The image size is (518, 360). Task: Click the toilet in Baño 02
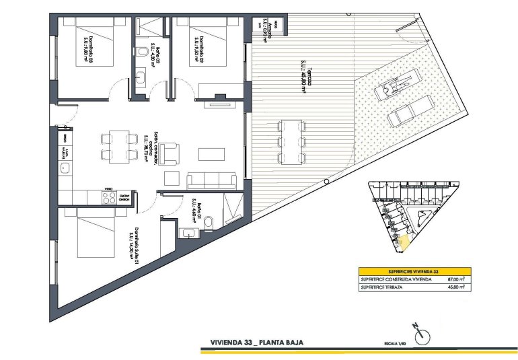142,52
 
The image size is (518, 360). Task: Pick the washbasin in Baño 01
188,233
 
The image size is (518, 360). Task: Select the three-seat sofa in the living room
211,180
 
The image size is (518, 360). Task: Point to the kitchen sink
67,168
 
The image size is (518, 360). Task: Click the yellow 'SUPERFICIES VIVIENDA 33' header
413,269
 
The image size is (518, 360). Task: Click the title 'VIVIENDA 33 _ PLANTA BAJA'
256,343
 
